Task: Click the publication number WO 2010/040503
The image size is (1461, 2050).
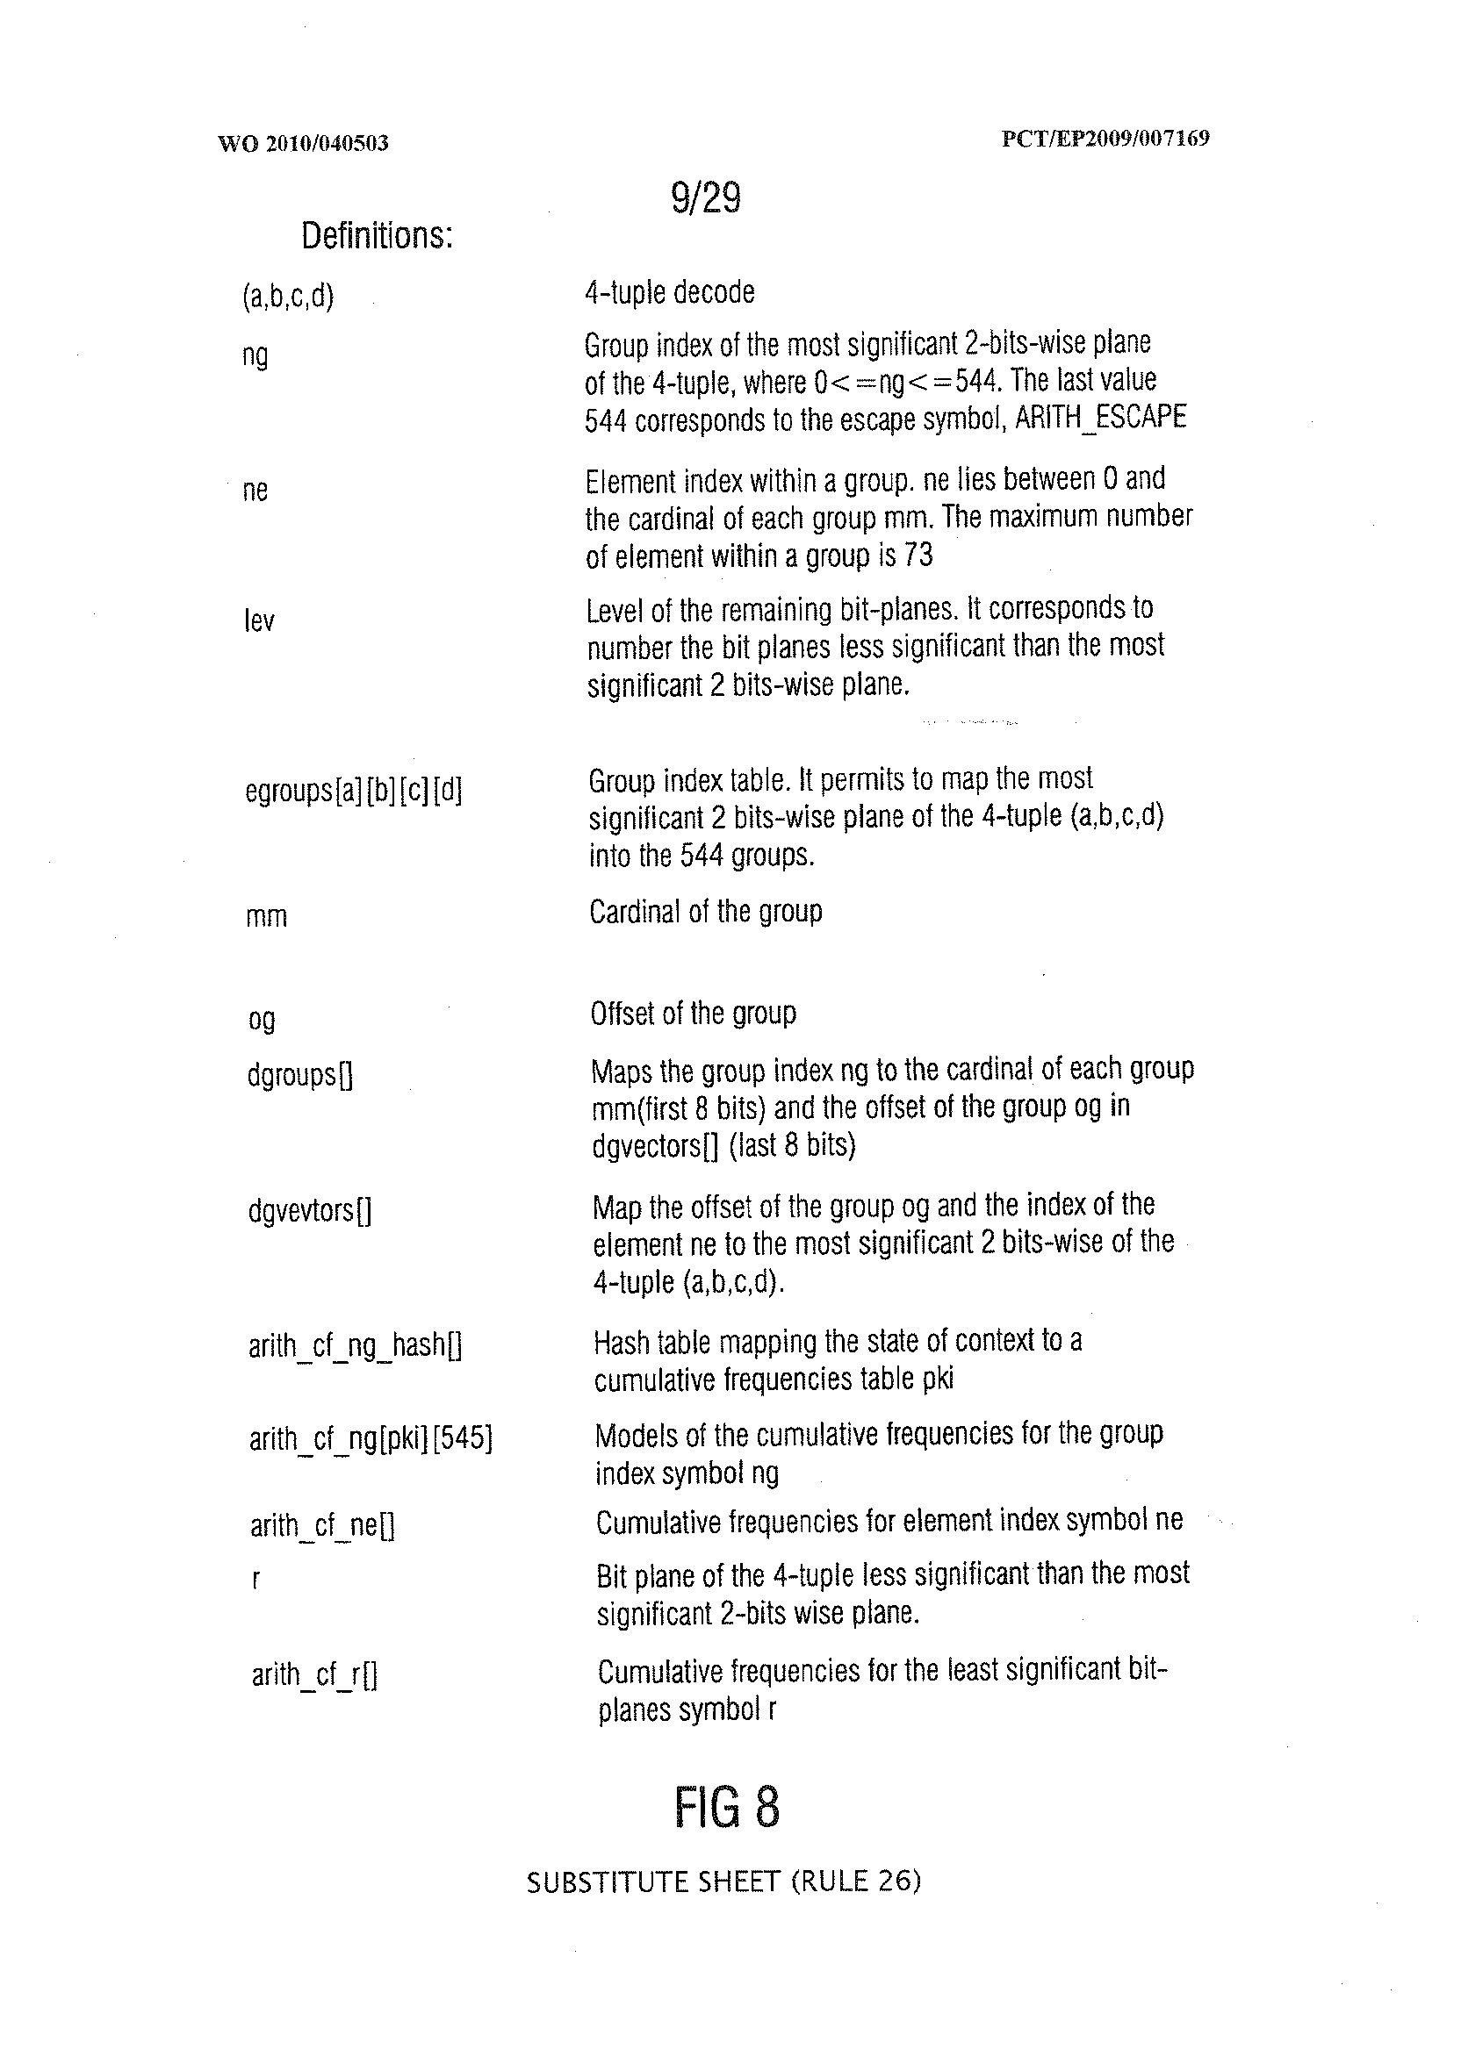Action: [302, 143]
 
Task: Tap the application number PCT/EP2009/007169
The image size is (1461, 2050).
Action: [1105, 139]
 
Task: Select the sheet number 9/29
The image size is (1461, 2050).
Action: [705, 198]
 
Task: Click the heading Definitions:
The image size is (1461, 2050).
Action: [376, 236]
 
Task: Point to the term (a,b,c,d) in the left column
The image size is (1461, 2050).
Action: [288, 297]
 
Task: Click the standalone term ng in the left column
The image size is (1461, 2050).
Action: [255, 356]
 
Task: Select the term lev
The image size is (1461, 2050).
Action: [259, 620]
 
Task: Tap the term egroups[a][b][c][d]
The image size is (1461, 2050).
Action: [354, 792]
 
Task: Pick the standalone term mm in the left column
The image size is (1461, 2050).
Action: [266, 917]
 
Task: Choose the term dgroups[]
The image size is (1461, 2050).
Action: [299, 1074]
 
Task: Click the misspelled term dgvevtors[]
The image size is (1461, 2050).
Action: [309, 1212]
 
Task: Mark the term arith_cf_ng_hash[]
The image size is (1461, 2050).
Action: [356, 1346]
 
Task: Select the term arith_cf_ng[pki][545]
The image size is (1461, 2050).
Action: [371, 1438]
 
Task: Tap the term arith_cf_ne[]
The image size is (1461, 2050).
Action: [322, 1526]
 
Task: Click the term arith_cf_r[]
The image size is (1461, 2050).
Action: [314, 1674]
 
